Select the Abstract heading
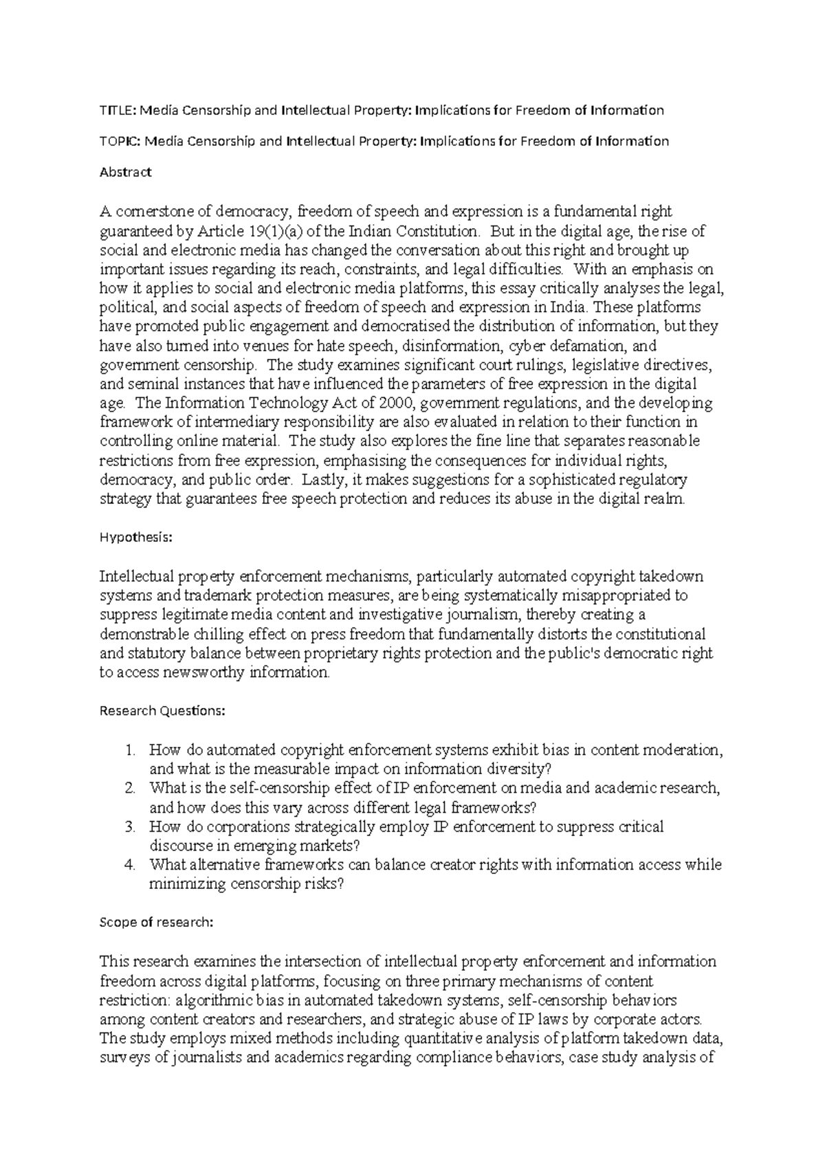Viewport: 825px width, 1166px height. pyautogui.click(x=125, y=172)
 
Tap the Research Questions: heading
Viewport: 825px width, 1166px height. pyautogui.click(x=162, y=711)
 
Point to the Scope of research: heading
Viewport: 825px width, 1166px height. pyautogui.click(x=157, y=923)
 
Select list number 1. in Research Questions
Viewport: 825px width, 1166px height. pyautogui.click(x=131, y=750)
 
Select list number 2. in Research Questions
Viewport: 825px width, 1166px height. pyautogui.click(x=131, y=788)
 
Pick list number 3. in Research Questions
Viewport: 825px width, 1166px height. pyautogui.click(x=131, y=826)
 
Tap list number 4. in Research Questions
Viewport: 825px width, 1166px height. pyautogui.click(x=131, y=865)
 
